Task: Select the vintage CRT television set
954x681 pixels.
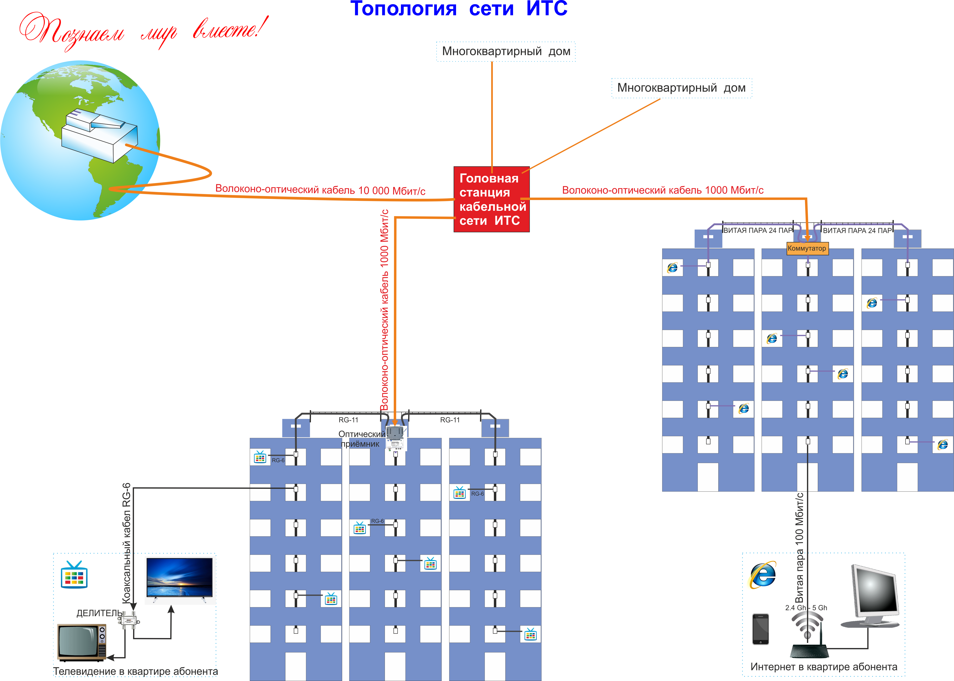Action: point(82,642)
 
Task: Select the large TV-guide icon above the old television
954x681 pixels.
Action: point(74,575)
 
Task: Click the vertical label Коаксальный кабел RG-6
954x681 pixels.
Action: point(126,543)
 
